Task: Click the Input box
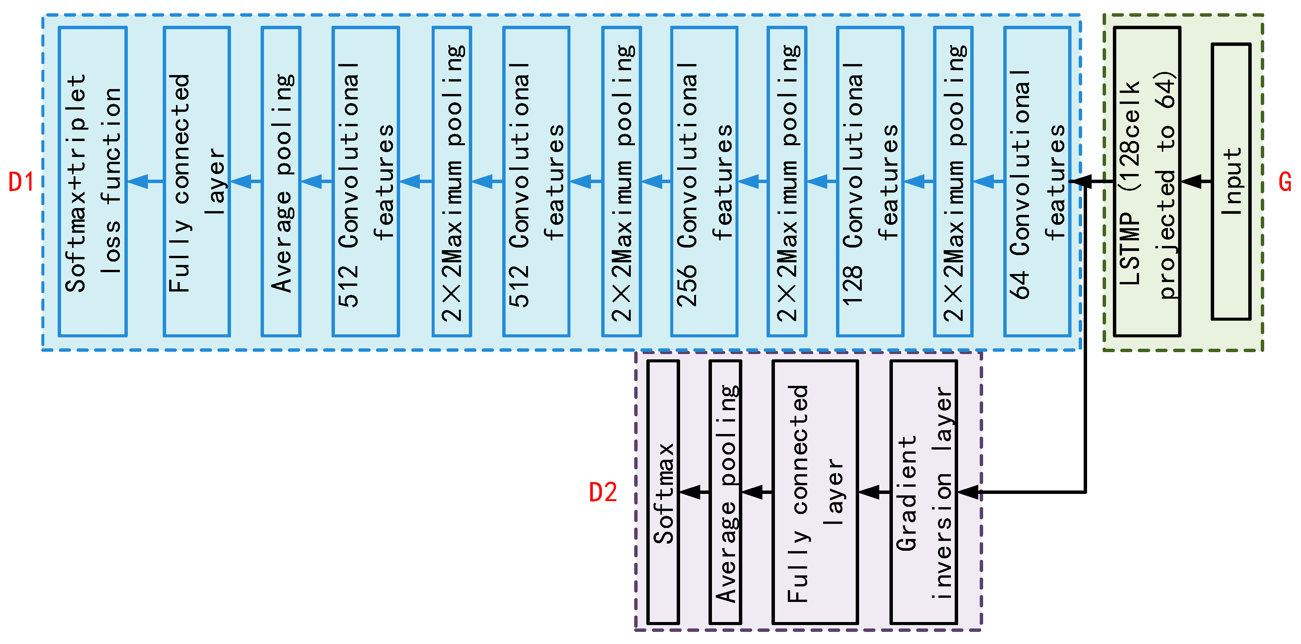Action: pos(1231,182)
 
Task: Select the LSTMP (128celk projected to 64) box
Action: pos(1147,182)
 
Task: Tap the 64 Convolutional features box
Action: pos(1037,182)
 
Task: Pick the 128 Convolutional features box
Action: pos(870,182)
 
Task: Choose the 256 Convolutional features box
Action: pos(704,182)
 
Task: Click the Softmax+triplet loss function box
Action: pos(93,182)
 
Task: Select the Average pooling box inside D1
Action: pos(281,182)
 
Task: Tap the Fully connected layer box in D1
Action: pos(196,182)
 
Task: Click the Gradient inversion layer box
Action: pos(923,492)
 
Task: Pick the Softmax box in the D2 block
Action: pos(663,492)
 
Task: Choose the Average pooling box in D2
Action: pos(725,492)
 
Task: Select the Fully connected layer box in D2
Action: pos(815,492)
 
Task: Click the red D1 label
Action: pos(21,182)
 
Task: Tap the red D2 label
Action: pos(603,492)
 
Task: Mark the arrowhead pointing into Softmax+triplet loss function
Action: pos(138,182)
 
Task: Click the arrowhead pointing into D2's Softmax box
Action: pos(690,492)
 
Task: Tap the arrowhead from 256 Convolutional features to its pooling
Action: pos(652,182)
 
